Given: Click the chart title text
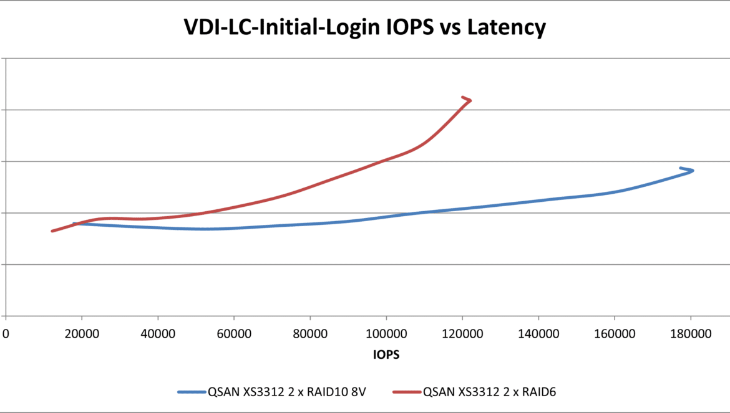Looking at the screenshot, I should [x=364, y=27].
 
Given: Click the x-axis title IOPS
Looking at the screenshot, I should [x=386, y=354].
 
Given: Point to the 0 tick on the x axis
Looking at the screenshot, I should [x=6, y=334].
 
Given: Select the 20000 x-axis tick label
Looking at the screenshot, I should [x=82, y=334].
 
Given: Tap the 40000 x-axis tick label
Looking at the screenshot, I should [x=158, y=334].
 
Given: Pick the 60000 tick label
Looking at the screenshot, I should [x=234, y=334].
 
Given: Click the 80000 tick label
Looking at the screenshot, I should [x=310, y=334].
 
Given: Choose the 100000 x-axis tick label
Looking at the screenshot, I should [x=386, y=334].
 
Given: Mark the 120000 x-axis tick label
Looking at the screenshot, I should [x=462, y=334].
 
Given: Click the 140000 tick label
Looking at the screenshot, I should [x=538, y=334].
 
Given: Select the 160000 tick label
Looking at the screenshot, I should [x=615, y=334].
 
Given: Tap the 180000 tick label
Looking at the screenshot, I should [x=691, y=334].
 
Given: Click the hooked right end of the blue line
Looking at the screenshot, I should [x=689, y=169].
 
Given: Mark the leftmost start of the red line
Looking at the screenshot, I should [x=52, y=231].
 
